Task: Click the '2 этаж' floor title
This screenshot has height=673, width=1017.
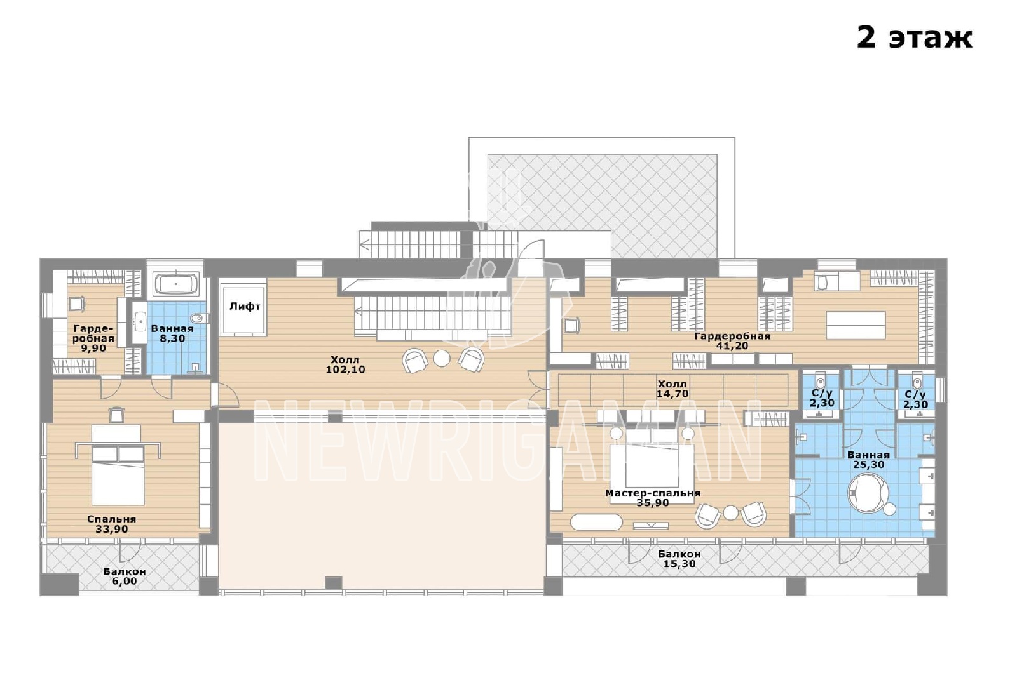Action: (x=914, y=37)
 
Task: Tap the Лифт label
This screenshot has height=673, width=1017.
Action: (x=245, y=307)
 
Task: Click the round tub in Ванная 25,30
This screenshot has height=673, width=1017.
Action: (x=868, y=494)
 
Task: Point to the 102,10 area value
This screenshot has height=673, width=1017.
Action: (x=345, y=370)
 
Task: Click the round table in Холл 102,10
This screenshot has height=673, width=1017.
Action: (x=441, y=358)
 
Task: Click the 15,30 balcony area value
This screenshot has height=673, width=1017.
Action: (x=679, y=564)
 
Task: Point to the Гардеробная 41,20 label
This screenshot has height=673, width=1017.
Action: (x=732, y=340)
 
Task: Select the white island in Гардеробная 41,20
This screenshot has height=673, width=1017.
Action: (x=856, y=325)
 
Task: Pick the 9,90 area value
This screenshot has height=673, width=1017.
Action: (x=93, y=349)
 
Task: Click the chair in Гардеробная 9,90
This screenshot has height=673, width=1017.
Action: (x=77, y=303)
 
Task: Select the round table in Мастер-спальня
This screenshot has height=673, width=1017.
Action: (x=731, y=513)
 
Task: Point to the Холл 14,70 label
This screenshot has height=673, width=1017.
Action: (x=672, y=389)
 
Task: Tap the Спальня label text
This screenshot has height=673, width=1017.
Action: (x=112, y=519)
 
